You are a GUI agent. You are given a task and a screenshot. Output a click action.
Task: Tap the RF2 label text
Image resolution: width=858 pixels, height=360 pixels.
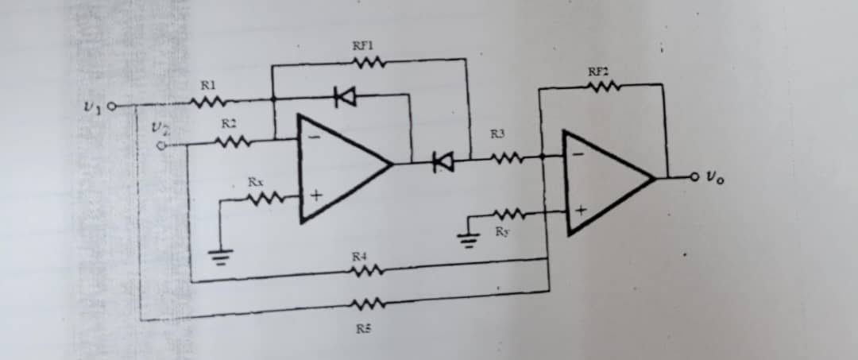coord(597,72)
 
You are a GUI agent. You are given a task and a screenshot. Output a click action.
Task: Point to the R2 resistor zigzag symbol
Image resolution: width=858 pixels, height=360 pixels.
coord(233,143)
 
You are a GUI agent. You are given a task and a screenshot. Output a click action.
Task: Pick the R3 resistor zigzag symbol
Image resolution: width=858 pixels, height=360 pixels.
coord(503,160)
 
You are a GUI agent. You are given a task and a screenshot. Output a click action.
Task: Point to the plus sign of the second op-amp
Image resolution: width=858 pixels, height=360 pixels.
coord(581,211)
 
